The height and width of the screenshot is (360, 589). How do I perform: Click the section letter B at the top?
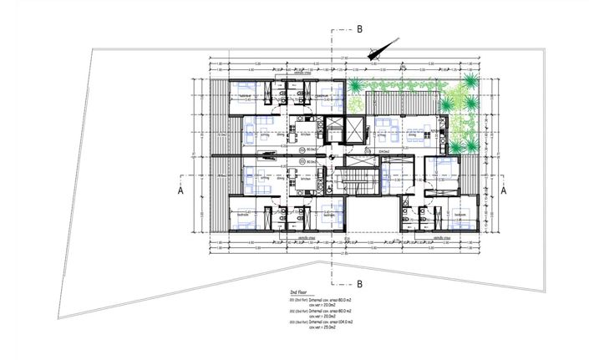tap(360, 28)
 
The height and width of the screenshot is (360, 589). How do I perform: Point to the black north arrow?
tap(381, 48)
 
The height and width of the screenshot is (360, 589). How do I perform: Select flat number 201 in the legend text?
tap(292, 299)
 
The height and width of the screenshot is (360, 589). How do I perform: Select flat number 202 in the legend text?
tap(292, 310)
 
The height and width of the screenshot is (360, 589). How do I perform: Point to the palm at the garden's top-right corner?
tap(473, 81)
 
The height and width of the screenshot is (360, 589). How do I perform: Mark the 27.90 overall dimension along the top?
tap(343, 58)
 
